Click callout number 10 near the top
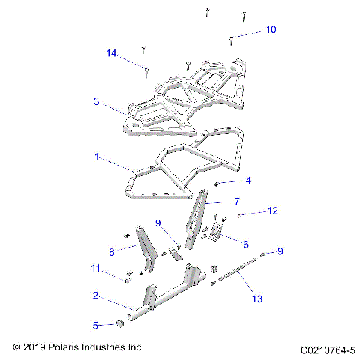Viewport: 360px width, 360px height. (271, 30)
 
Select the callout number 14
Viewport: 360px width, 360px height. (112, 53)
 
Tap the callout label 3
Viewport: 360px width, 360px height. (97, 101)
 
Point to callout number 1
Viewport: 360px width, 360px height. (97, 157)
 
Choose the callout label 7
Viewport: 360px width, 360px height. (236, 202)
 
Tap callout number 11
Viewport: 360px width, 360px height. (95, 268)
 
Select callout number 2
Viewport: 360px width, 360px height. (96, 296)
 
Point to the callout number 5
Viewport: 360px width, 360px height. (95, 325)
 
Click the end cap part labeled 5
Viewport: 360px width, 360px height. (119, 324)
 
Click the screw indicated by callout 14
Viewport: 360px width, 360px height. (147, 71)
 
